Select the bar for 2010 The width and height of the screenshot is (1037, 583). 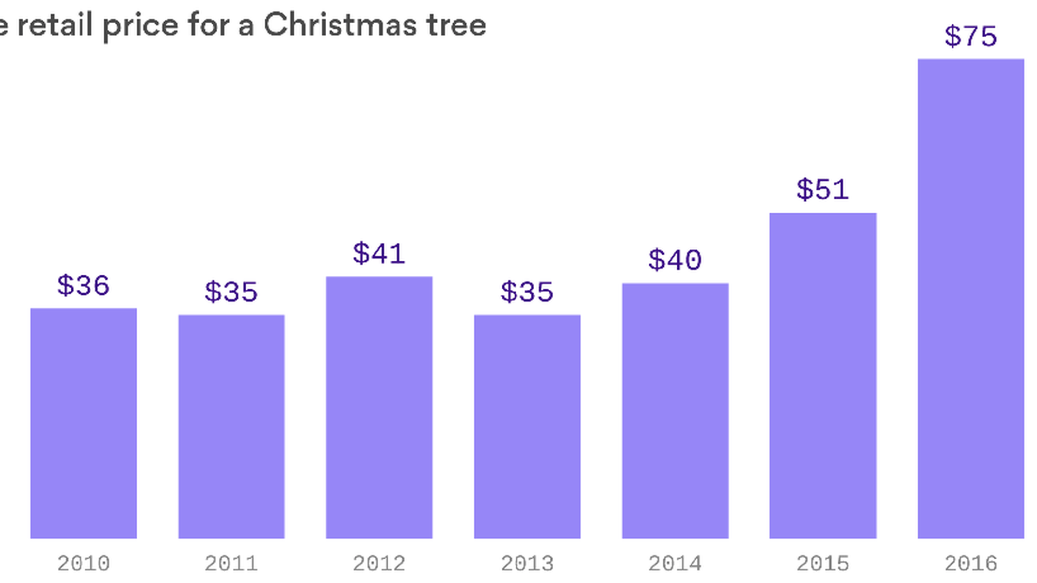(83, 423)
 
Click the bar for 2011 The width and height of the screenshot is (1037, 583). (231, 426)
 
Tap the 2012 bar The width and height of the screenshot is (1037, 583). (379, 408)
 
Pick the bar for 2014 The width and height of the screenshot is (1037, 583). (675, 411)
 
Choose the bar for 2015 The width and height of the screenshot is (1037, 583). (823, 376)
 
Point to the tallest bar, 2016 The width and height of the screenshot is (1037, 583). (971, 299)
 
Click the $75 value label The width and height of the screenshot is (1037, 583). (971, 37)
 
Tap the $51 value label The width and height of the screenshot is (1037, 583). (823, 190)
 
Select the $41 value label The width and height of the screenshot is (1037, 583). (379, 254)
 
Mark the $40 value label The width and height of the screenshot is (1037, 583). (675, 260)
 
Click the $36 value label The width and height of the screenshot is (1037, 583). (83, 286)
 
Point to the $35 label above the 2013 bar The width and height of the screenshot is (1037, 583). (527, 292)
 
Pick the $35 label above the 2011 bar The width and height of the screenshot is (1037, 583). (231, 292)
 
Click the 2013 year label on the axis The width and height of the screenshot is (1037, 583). (527, 564)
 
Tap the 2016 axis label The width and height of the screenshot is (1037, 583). (971, 564)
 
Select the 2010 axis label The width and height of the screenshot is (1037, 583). (83, 564)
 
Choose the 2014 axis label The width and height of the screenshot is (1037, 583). (675, 564)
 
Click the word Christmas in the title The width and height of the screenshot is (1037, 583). (340, 25)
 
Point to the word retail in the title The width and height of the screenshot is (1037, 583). (55, 25)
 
